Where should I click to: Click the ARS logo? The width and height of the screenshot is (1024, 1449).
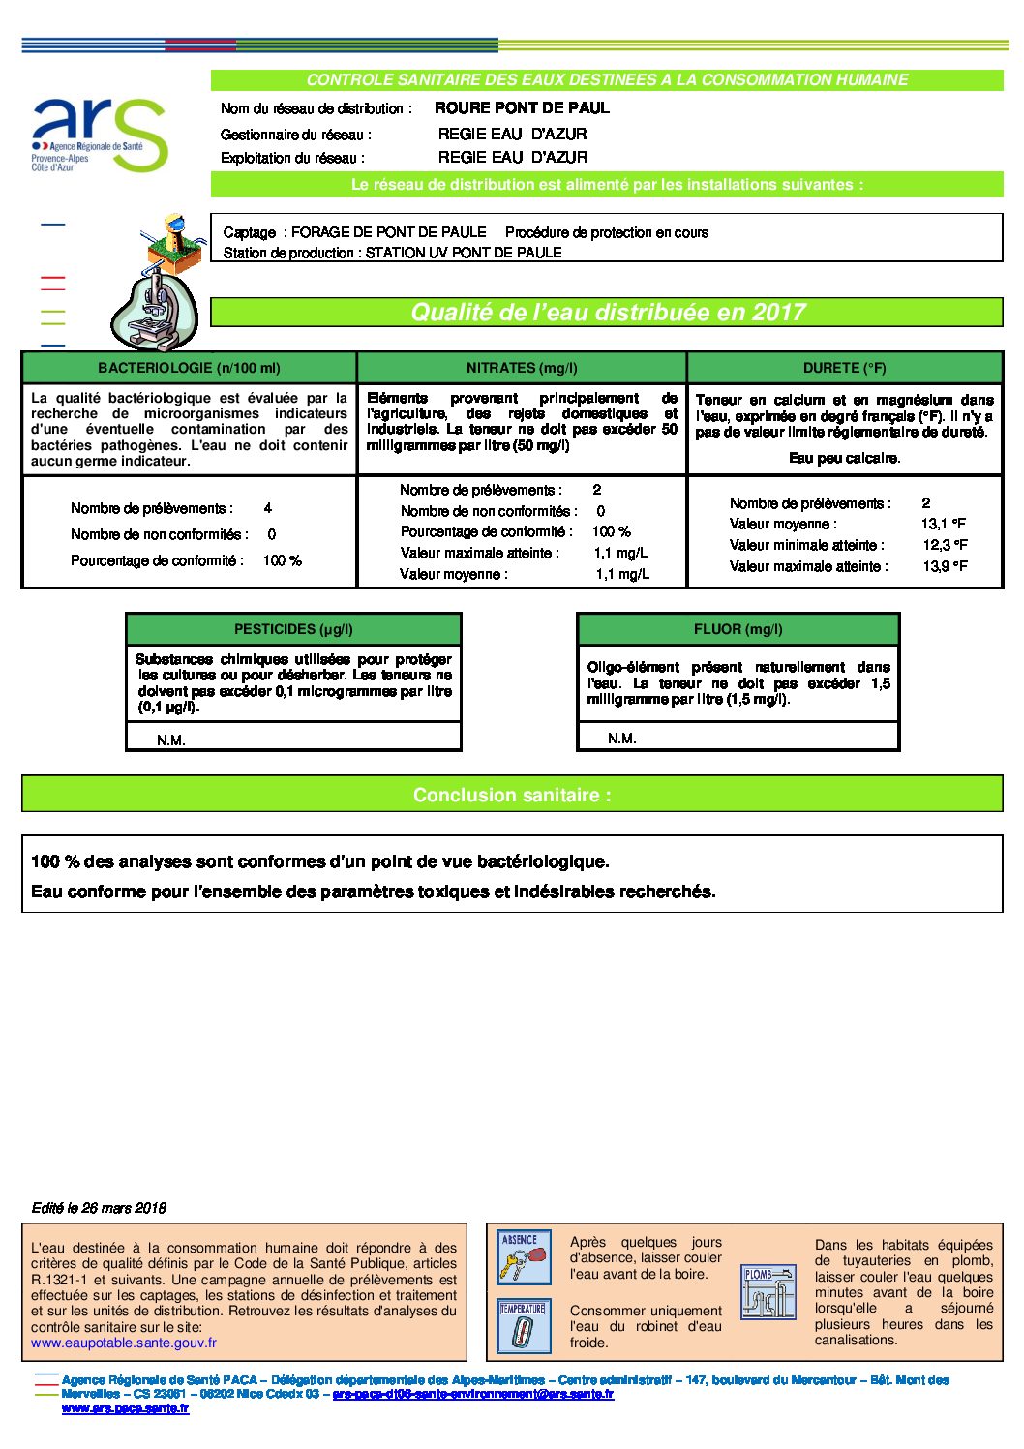pos(99,136)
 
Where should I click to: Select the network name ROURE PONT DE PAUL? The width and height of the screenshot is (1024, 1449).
pos(522,108)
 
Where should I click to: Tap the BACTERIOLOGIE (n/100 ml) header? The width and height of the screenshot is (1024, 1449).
pos(189,368)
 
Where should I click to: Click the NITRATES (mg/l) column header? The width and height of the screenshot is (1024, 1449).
pos(522,368)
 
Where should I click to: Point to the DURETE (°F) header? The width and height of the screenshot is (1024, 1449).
pos(844,368)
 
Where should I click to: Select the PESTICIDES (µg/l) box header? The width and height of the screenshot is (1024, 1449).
pos(293,629)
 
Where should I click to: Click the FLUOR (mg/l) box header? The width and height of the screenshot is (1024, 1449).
pos(738,629)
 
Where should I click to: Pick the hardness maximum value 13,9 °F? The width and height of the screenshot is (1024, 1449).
pos(945,567)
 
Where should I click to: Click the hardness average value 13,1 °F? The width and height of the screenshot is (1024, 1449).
pos(944,525)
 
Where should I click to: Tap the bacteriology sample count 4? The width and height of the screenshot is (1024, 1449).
pos(268,508)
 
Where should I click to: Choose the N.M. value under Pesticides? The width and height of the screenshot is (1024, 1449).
pos(171,740)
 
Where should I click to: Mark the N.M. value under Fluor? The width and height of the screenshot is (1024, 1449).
pos(622,739)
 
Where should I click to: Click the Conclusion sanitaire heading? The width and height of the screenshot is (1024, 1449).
pos(512,795)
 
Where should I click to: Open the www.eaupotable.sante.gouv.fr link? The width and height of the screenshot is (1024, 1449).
pos(124,1343)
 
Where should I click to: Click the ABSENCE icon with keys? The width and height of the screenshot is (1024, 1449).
pos(524,1256)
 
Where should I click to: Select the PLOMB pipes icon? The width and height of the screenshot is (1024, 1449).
pos(768,1291)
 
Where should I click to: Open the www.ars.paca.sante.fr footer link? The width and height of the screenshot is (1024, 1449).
pos(125,1408)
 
